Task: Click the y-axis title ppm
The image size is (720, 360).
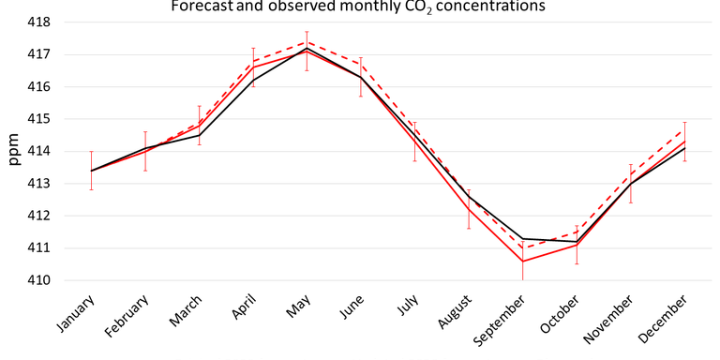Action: tap(16, 151)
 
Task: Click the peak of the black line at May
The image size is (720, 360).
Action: tap(307, 48)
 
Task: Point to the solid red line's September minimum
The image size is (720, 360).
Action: tap(522, 262)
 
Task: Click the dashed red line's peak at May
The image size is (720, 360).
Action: tap(307, 41)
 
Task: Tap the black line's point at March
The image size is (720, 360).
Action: tap(199, 135)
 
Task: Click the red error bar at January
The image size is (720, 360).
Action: tap(91, 171)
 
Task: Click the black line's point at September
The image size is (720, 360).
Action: tap(522, 239)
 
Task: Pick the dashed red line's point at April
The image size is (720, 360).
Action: tap(253, 61)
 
